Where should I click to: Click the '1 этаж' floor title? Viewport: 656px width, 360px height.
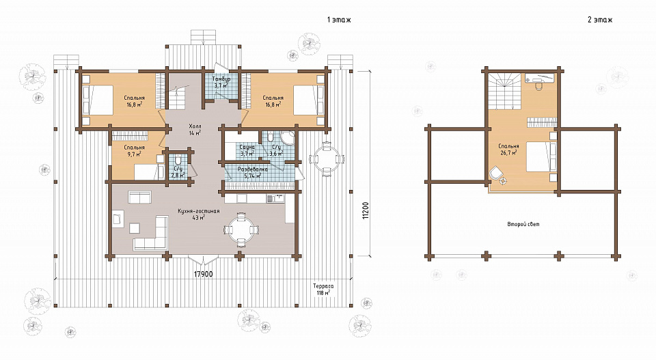tap(339, 20)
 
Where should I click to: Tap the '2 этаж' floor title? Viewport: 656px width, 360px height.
tap(600, 20)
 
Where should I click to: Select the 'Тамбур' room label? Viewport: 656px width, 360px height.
tap(221, 79)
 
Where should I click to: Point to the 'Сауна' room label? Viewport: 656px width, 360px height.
tap(247, 148)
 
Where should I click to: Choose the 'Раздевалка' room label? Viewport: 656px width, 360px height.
tap(253, 170)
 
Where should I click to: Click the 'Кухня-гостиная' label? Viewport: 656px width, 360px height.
tap(199, 212)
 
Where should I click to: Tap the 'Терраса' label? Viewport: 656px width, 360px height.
tap(323, 286)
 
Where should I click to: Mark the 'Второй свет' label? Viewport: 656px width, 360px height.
tap(523, 224)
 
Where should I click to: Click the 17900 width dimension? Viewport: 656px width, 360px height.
tap(204, 275)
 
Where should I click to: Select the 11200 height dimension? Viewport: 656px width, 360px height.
tap(366, 210)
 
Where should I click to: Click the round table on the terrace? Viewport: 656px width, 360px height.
tap(327, 159)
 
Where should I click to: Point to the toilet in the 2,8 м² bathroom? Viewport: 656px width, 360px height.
tap(178, 161)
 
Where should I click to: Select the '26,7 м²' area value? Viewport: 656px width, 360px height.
tap(508, 153)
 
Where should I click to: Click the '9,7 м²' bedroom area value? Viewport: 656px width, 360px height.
tap(134, 154)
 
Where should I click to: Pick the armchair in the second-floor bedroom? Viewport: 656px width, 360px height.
tap(496, 173)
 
